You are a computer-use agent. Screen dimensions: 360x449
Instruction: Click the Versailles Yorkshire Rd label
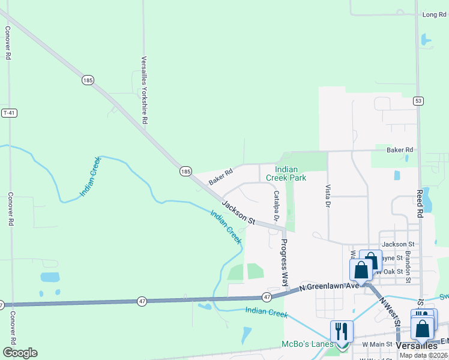pos(144,90)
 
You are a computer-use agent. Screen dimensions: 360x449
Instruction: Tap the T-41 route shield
pos(8,113)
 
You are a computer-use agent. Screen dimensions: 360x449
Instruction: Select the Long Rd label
pos(435,14)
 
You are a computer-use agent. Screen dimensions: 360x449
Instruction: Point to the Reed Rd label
pos(420,204)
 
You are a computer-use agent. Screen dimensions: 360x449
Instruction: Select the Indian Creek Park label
pos(291,174)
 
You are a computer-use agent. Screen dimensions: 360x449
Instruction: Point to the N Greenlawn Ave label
pos(331,286)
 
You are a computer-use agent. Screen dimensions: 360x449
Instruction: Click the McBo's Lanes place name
pos(307,344)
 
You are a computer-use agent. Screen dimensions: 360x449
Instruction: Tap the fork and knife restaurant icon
pos(341,331)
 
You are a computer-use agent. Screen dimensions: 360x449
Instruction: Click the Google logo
pos(19,353)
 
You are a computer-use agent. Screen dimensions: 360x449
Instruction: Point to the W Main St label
pos(376,344)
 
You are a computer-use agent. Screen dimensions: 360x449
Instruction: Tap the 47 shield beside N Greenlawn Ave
pos(265,297)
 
